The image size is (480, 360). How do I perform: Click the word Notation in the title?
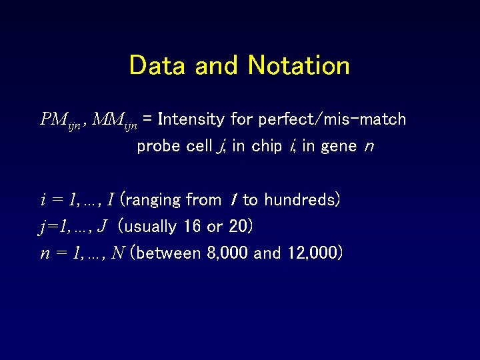click(x=299, y=65)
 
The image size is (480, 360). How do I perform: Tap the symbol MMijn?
click(x=115, y=121)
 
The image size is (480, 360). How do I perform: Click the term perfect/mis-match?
click(x=332, y=120)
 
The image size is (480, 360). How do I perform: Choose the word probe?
click(x=157, y=147)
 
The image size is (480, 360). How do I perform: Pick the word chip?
click(x=267, y=147)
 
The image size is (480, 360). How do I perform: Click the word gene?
click(x=338, y=147)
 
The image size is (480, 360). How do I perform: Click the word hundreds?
click(x=301, y=200)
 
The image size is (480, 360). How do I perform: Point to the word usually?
click(x=151, y=227)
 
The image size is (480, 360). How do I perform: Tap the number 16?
click(x=192, y=227)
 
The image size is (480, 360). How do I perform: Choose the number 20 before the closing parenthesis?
click(x=237, y=227)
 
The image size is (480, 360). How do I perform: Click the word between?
click(x=166, y=253)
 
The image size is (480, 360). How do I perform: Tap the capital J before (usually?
click(x=102, y=227)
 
